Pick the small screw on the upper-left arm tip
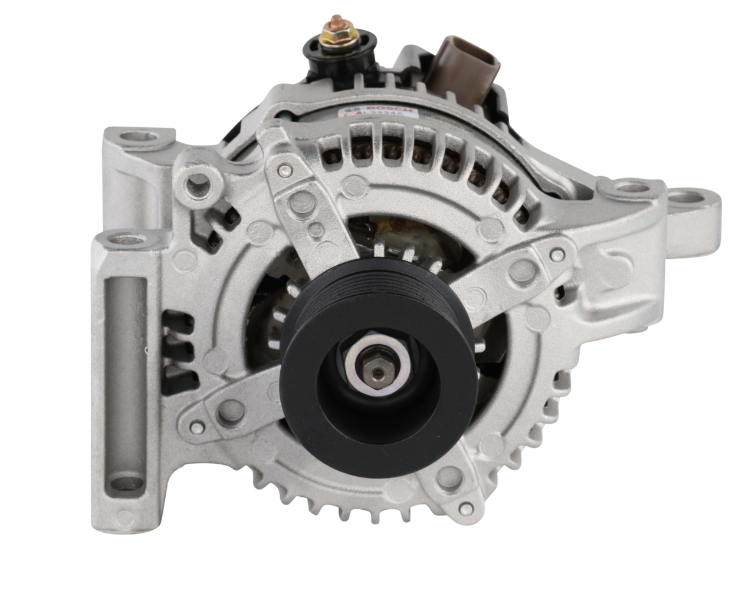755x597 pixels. coord(286,171)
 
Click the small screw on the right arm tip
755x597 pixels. coord(556,256)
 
